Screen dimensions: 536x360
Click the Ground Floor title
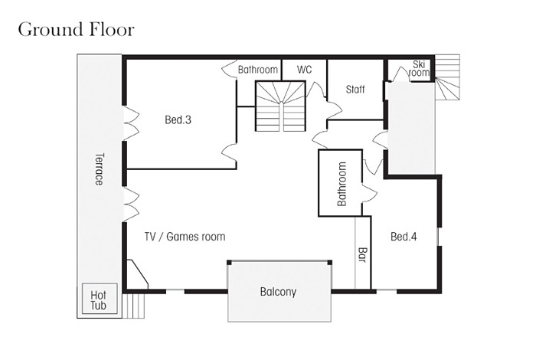[x=77, y=30]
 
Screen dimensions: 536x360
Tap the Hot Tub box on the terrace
[x=100, y=299]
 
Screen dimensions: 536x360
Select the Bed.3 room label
[x=178, y=120]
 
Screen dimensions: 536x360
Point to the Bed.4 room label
[x=404, y=237]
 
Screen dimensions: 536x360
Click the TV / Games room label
[x=185, y=237]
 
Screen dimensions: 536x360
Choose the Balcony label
[x=278, y=292]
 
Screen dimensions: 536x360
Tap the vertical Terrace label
[x=99, y=169]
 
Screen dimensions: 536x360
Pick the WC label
[x=304, y=70]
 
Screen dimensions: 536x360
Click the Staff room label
[x=355, y=90]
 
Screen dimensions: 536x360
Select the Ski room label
[x=419, y=68]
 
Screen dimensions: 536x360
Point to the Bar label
[x=362, y=255]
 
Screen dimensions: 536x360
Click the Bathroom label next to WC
[x=258, y=70]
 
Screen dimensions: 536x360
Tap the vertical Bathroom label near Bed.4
[x=342, y=184]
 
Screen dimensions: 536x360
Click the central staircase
[x=280, y=106]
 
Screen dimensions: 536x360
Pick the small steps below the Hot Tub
[x=134, y=306]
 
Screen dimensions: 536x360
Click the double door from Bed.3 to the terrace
[x=131, y=123]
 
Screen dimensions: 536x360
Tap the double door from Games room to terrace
[x=131, y=204]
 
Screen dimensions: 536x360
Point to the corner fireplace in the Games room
[x=138, y=274]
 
